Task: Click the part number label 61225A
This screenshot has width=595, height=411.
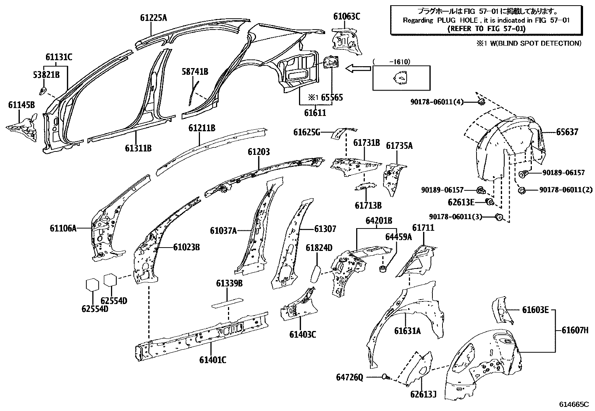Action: (154, 17)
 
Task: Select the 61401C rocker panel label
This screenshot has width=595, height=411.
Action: (213, 360)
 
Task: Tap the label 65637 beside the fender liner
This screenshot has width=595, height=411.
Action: (567, 132)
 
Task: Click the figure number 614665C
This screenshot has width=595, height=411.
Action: (574, 404)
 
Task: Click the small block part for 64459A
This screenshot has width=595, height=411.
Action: (383, 268)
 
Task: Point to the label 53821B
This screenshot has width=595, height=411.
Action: (45, 75)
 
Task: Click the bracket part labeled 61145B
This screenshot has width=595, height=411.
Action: (22, 126)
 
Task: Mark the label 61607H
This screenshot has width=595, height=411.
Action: (575, 330)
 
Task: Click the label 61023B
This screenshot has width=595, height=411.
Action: (186, 247)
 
